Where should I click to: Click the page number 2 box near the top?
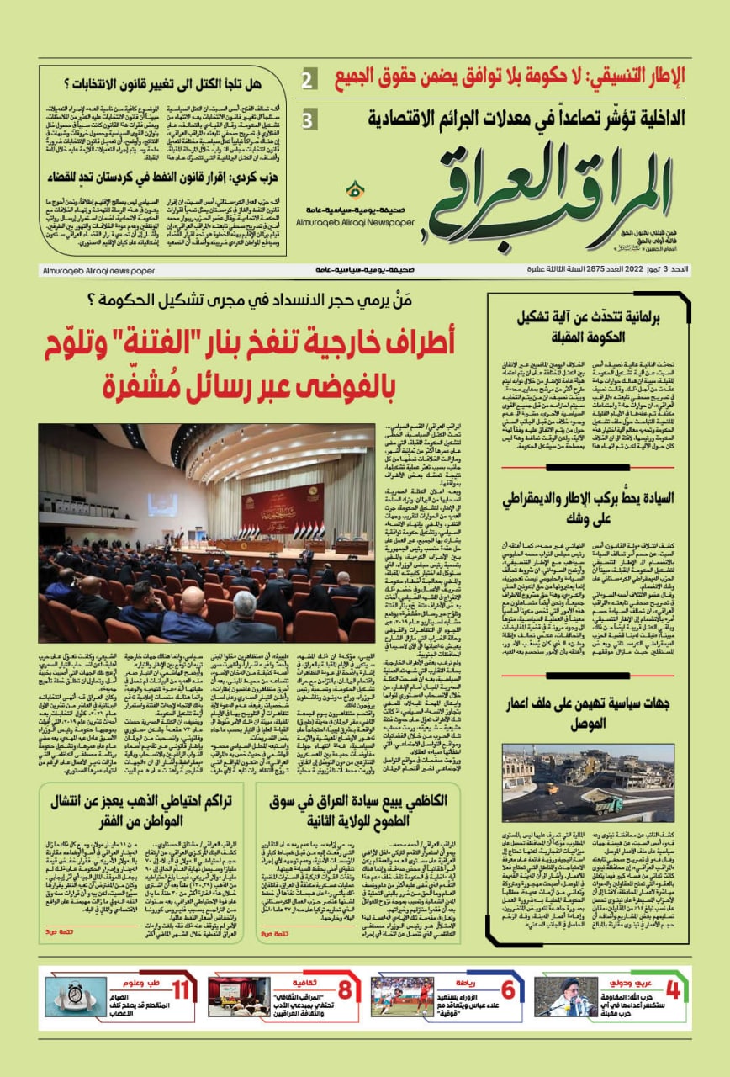tap(309, 81)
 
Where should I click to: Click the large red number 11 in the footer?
tap(180, 990)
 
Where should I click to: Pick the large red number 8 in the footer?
tap(345, 990)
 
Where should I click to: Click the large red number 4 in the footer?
tap(672, 990)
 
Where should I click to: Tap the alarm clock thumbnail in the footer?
tap(77, 995)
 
